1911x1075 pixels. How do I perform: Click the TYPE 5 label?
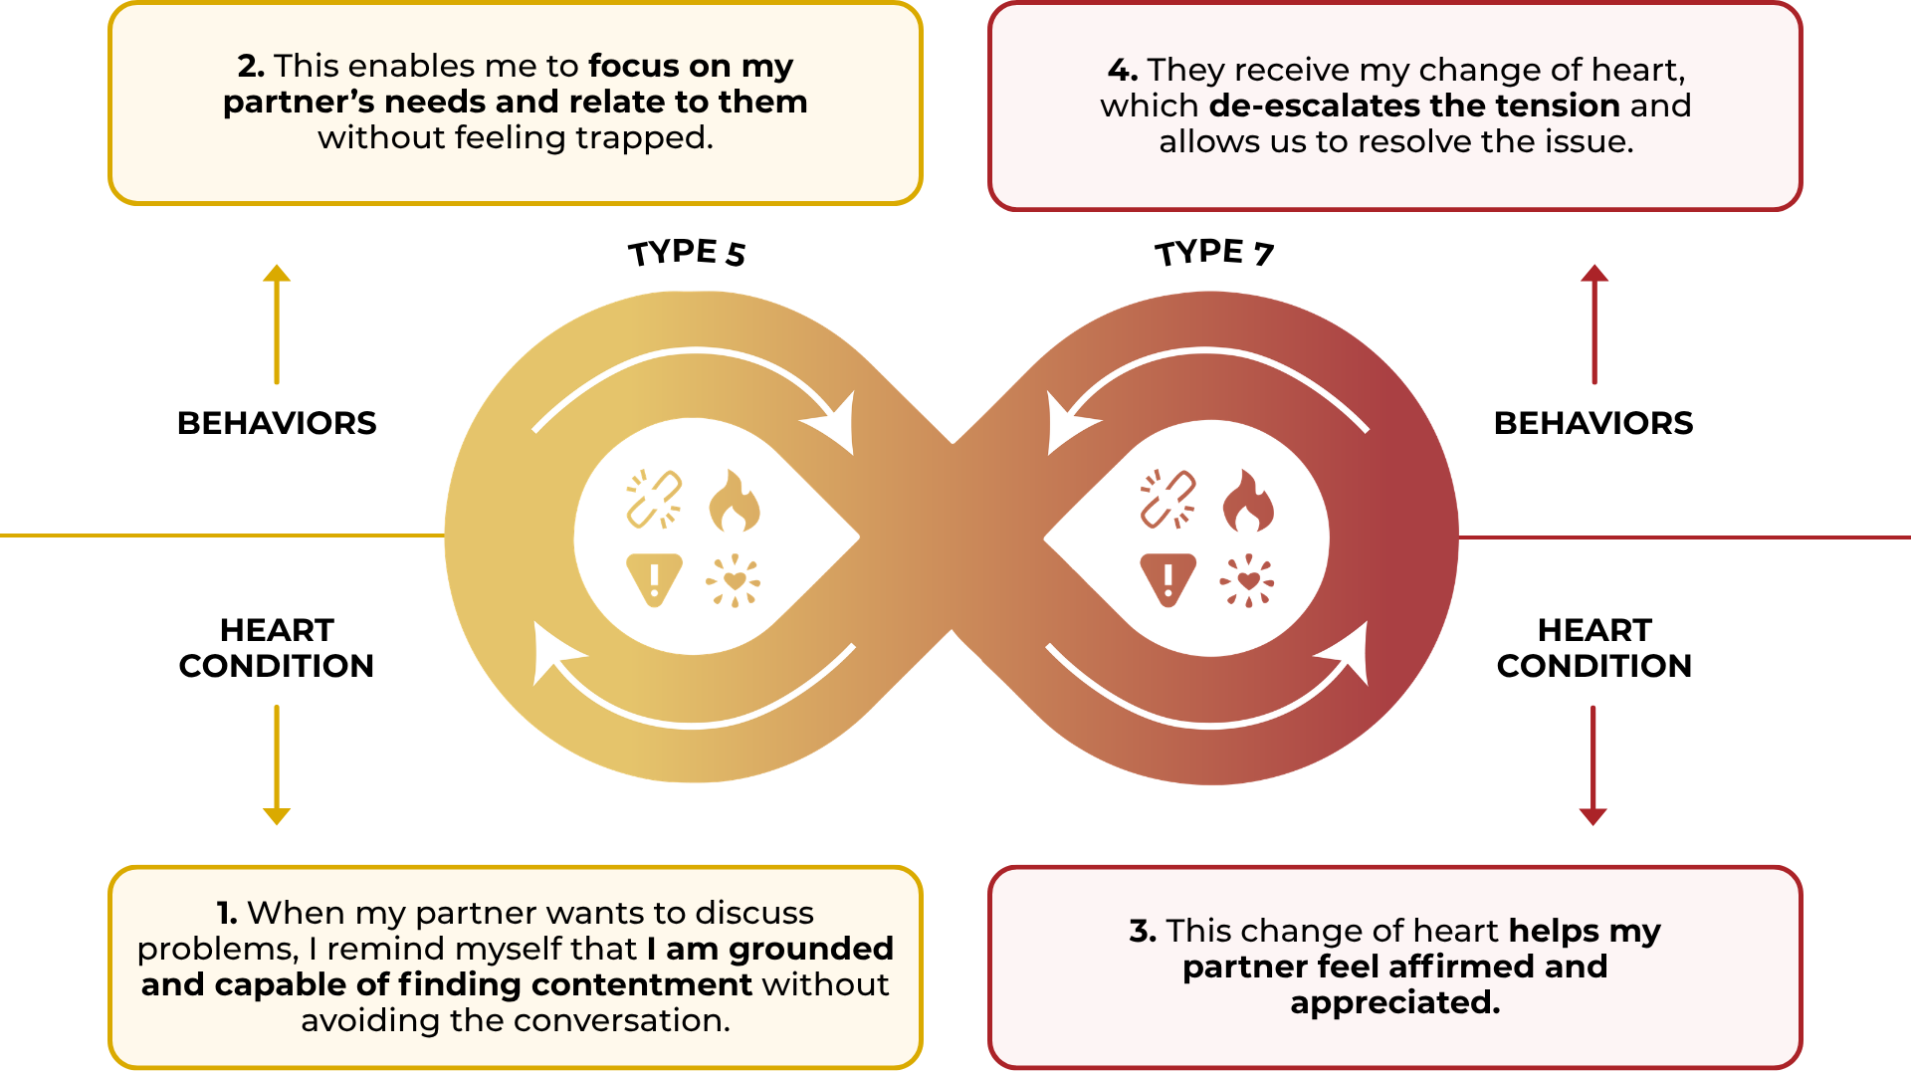(x=687, y=253)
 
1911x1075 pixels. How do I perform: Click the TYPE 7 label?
(x=1214, y=253)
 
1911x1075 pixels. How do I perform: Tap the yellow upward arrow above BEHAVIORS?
(x=277, y=324)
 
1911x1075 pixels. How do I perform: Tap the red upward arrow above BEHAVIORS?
(x=1594, y=324)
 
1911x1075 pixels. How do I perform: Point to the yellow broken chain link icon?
(x=654, y=499)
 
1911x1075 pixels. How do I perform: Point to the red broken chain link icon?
(x=1168, y=499)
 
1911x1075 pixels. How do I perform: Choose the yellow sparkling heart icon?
(x=734, y=580)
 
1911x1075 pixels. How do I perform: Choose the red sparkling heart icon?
(x=1247, y=580)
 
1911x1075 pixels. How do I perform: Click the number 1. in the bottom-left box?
(x=227, y=913)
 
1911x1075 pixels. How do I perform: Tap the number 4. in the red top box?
(x=1122, y=70)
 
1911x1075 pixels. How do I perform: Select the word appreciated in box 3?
(x=1395, y=1002)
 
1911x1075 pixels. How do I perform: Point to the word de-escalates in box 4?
(x=1314, y=106)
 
